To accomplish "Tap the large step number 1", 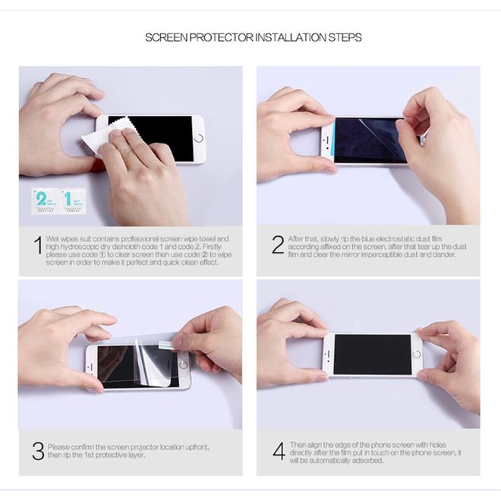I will (x=37, y=245).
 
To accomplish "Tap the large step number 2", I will (x=277, y=244).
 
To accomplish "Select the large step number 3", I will (x=37, y=450).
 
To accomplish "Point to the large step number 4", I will (x=278, y=450).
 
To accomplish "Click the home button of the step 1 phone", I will (x=199, y=139).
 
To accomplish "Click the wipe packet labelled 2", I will (x=43, y=199).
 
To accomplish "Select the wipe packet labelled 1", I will (x=71, y=199).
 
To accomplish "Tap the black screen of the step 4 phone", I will (x=372, y=354).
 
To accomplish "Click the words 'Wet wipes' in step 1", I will (x=62, y=238).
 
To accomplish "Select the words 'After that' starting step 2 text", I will (x=301, y=238).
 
